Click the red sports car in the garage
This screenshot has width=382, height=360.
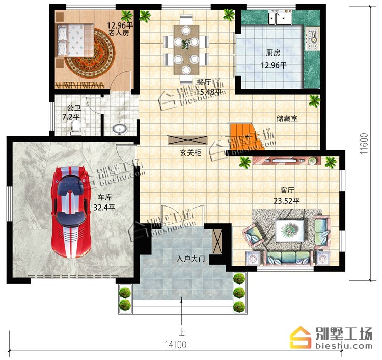pyautogui.click(x=71, y=212)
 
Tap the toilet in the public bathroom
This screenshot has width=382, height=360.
pyautogui.click(x=76, y=128)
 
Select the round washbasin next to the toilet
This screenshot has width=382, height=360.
pyautogui.click(x=119, y=130)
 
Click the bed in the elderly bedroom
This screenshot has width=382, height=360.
pyautogui.click(x=75, y=40)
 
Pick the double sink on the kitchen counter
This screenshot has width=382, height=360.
pyautogui.click(x=280, y=17)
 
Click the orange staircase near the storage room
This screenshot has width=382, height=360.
pyautogui.click(x=245, y=136)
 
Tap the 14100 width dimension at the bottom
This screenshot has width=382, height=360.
pyautogui.click(x=176, y=344)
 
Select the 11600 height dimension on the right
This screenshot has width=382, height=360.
pyautogui.click(x=364, y=143)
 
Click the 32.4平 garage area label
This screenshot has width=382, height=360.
pyautogui.click(x=104, y=208)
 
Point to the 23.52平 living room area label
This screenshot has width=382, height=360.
pyautogui.click(x=286, y=201)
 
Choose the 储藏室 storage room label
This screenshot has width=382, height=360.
pyautogui.click(x=287, y=119)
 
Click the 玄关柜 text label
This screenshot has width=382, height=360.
pyautogui.click(x=190, y=152)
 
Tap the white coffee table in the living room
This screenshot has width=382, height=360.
pyautogui.click(x=290, y=230)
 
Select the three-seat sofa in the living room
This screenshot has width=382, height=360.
pyautogui.click(x=288, y=258)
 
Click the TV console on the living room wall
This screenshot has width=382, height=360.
pyautogui.click(x=286, y=161)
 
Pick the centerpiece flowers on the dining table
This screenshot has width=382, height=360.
pyautogui.click(x=186, y=44)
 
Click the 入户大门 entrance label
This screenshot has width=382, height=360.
pyautogui.click(x=191, y=259)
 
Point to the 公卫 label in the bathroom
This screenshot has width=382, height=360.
pyautogui.click(x=74, y=108)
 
